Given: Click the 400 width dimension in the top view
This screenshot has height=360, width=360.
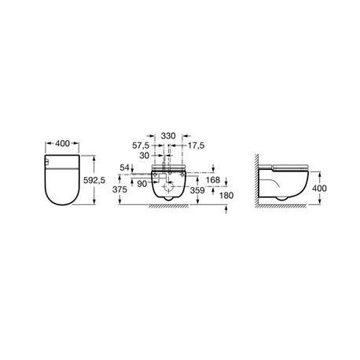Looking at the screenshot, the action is coord(63,143).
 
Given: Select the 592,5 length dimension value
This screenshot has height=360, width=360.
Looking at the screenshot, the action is coord(94,180).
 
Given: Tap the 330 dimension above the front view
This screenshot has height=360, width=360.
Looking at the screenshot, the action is coord(168,136).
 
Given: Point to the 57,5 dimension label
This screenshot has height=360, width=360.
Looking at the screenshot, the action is coord(141,145).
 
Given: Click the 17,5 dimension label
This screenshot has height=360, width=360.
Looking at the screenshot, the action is coord(196,145).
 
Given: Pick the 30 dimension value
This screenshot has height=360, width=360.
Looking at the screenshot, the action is coord(144,156).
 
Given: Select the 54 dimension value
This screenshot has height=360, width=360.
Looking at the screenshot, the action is coord(124,167).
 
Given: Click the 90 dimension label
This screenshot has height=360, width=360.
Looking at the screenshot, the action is coord(142,184).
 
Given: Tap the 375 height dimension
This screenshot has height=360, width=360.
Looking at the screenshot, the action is coord(119,189).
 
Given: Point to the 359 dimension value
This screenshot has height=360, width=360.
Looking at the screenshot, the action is coord(197,190).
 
